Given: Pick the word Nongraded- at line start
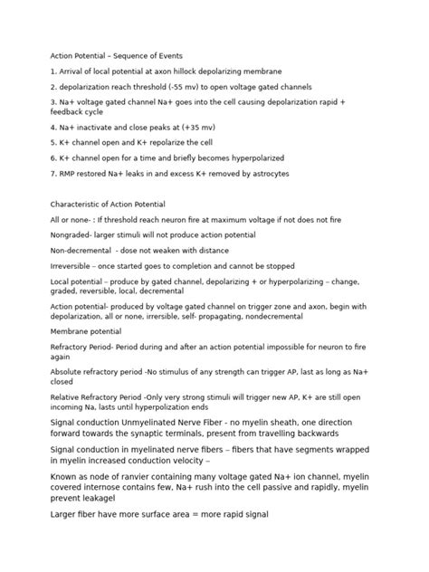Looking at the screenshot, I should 71,234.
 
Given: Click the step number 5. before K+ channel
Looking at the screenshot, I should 53,143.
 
